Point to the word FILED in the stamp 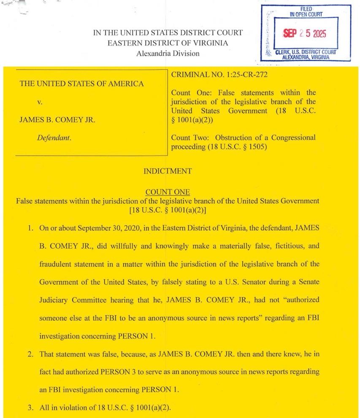(x=306, y=9)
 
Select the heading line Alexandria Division (x=168, y=54)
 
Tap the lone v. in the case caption (x=40, y=102)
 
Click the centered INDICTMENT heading (x=168, y=171)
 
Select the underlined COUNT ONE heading (x=168, y=193)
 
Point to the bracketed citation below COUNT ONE (x=168, y=209)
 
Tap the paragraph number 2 (x=30, y=354)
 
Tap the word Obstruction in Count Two (x=233, y=138)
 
